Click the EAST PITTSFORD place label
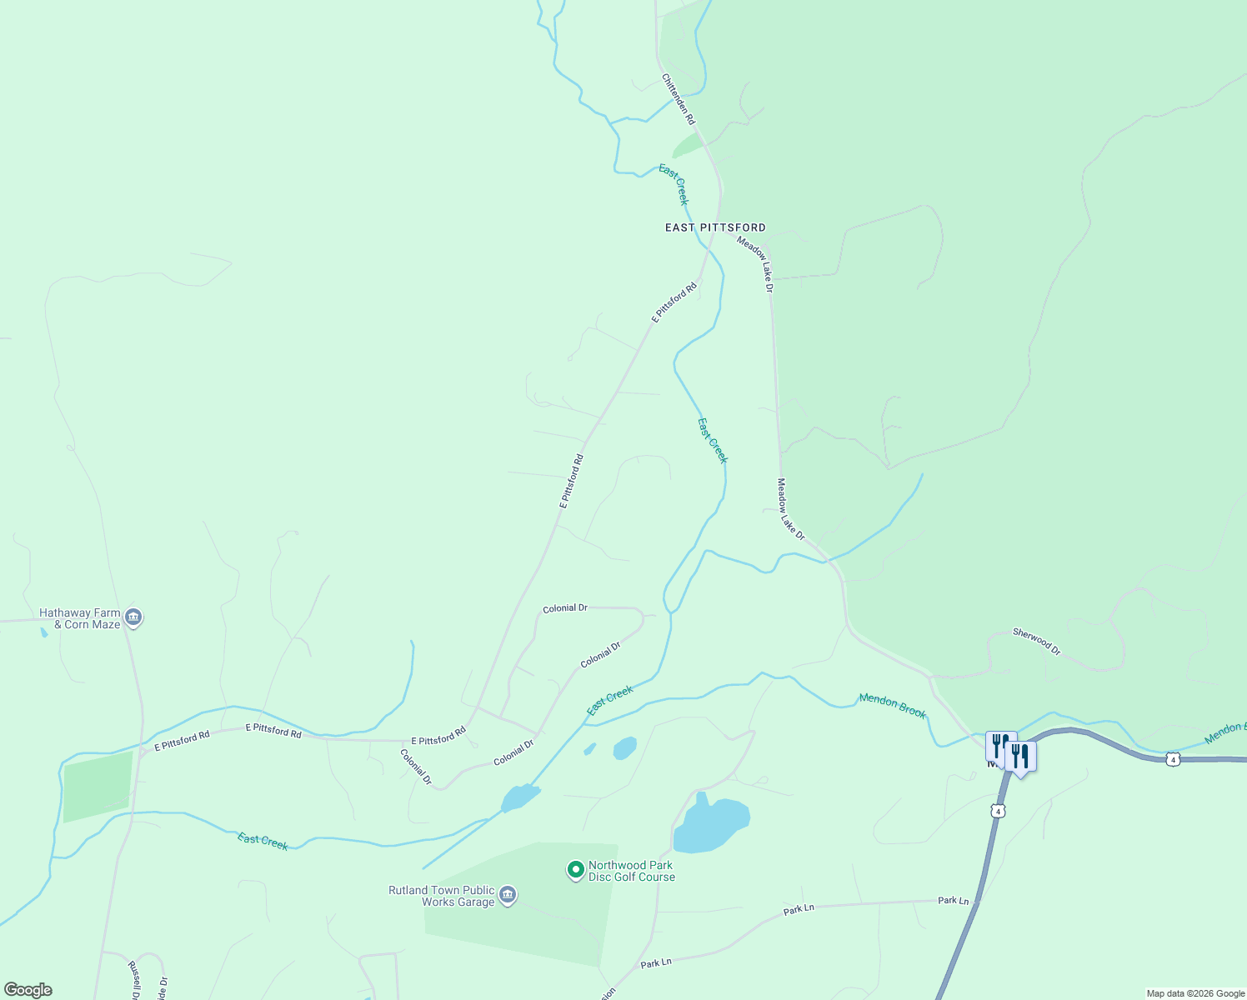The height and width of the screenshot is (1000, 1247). pyautogui.click(x=714, y=227)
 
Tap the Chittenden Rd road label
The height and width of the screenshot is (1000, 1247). pyautogui.click(x=678, y=99)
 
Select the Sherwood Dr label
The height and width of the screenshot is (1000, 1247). pyautogui.click(x=1036, y=642)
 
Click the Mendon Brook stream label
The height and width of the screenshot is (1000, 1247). pyautogui.click(x=892, y=706)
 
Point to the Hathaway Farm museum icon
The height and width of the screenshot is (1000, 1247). pyautogui.click(x=133, y=618)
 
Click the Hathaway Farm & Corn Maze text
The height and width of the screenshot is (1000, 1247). pyautogui.click(x=80, y=618)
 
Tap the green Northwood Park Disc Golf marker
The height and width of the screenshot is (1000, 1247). pyautogui.click(x=575, y=871)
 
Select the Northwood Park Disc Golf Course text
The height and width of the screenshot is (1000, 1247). pyautogui.click(x=631, y=871)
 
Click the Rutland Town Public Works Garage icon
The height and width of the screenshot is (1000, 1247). pyautogui.click(x=508, y=896)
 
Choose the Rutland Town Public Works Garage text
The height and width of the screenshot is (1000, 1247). pyautogui.click(x=442, y=896)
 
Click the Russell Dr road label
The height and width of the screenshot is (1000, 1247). pyautogui.click(x=133, y=980)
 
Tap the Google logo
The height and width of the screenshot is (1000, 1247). pyautogui.click(x=28, y=990)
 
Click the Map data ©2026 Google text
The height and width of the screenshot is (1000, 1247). pyautogui.click(x=1195, y=993)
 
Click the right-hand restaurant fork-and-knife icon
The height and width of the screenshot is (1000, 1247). pyautogui.click(x=1020, y=757)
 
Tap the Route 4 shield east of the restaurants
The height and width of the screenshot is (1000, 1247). pyautogui.click(x=1173, y=760)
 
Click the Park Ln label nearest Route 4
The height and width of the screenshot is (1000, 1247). pyautogui.click(x=953, y=901)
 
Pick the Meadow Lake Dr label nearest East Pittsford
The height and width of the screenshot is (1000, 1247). pyautogui.click(x=755, y=263)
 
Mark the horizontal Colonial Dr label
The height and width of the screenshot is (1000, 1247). pyautogui.click(x=565, y=608)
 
